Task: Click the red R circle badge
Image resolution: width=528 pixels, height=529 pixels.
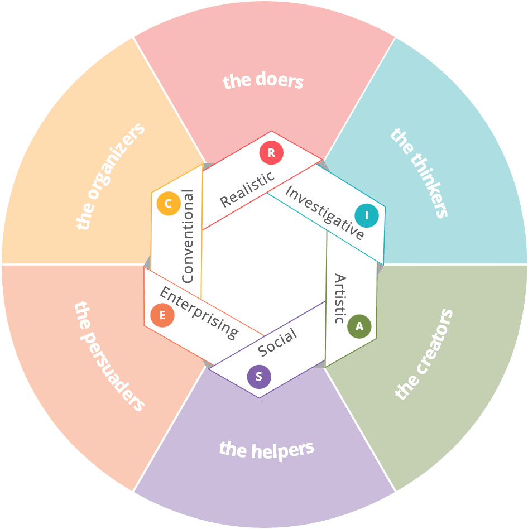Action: [x=271, y=153]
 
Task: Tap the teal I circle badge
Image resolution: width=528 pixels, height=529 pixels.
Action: [x=367, y=215]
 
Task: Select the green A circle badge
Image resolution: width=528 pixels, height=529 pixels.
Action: [x=359, y=326]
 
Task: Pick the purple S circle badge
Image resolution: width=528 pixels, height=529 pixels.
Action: [x=259, y=377]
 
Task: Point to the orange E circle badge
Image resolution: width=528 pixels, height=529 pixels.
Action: [x=162, y=315]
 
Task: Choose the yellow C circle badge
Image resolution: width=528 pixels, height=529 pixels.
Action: [x=168, y=204]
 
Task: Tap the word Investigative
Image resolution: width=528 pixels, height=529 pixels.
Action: [x=325, y=213]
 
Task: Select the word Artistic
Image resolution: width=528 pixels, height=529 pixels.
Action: [x=339, y=299]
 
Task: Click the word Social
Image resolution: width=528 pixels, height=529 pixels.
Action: [x=277, y=342]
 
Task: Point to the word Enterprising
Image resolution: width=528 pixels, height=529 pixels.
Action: [x=198, y=312]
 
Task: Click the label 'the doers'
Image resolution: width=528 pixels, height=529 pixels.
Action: [x=263, y=81]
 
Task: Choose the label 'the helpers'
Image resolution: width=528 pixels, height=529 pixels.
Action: [x=267, y=449]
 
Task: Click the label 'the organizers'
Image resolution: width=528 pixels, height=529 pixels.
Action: [x=110, y=176]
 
